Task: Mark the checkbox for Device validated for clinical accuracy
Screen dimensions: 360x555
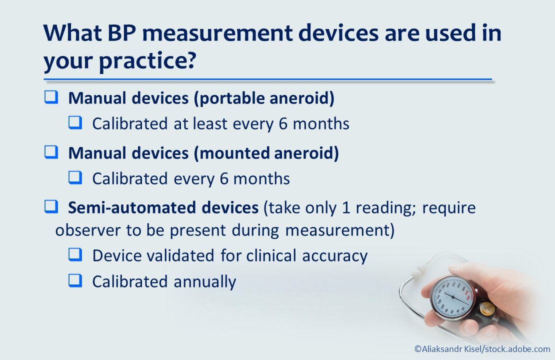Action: point(75,255)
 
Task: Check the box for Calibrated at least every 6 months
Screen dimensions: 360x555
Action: point(75,123)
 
